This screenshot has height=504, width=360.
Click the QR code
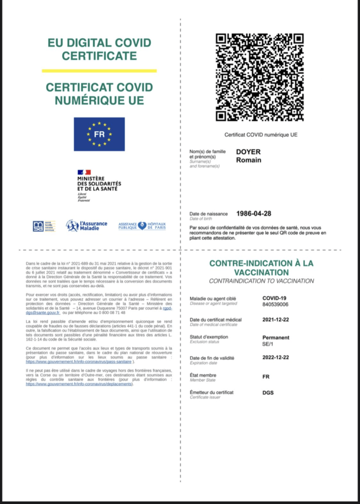click(260, 77)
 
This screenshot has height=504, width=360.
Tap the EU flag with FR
click(99, 134)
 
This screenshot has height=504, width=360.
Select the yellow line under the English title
click(99, 71)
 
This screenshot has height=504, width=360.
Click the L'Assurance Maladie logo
click(87, 226)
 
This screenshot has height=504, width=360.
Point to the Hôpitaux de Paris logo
click(142, 226)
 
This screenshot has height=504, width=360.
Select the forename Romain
click(249, 159)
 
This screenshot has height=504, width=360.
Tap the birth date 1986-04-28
click(254, 214)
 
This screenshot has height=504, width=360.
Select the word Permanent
click(276, 338)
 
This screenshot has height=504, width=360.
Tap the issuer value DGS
click(268, 393)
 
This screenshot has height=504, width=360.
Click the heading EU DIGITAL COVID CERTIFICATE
click(99, 49)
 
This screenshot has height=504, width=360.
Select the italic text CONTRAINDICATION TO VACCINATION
click(261, 281)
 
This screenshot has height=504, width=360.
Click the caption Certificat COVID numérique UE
click(261, 134)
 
